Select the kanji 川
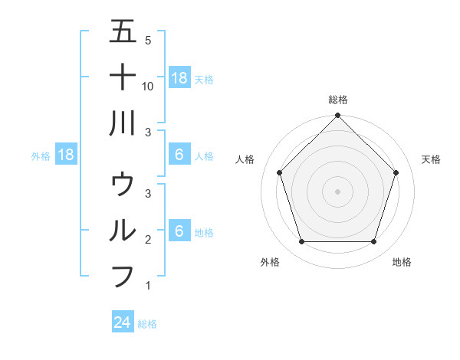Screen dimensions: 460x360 pyautogui.click(x=123, y=122)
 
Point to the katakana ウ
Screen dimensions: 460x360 pyautogui.click(x=123, y=184)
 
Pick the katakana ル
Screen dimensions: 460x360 pyautogui.click(x=123, y=229)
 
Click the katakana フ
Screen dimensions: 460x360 pyautogui.click(x=123, y=275)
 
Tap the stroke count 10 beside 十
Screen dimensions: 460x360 pyautogui.click(x=148, y=87)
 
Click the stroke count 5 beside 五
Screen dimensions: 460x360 pyautogui.click(x=148, y=41)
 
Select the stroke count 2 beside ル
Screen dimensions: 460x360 pyautogui.click(x=148, y=240)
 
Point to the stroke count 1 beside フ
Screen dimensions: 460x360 pyautogui.click(x=148, y=286)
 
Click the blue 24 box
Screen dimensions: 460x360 pyautogui.click(x=123, y=322)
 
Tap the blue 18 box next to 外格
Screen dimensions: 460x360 pyautogui.click(x=66, y=155)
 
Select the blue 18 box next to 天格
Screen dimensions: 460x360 pyautogui.click(x=179, y=77)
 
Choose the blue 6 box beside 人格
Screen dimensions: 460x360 pyautogui.click(x=179, y=155)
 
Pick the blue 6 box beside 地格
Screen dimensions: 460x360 pyautogui.click(x=179, y=231)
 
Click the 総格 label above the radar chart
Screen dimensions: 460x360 pyautogui.click(x=338, y=100)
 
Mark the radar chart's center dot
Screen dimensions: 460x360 pyautogui.click(x=338, y=191)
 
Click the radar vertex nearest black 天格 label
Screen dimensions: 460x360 pyautogui.click(x=396, y=172)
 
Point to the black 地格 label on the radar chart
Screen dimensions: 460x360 pyautogui.click(x=402, y=262)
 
